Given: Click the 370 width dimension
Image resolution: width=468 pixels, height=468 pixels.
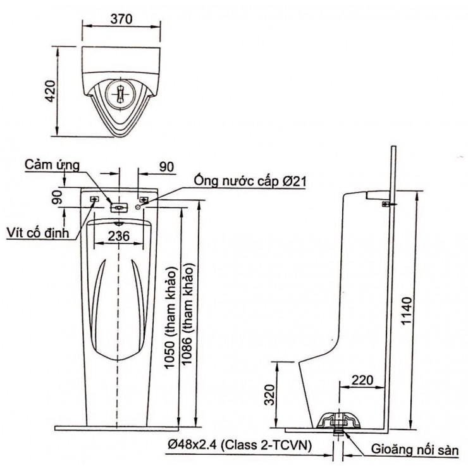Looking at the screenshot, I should coord(120,20).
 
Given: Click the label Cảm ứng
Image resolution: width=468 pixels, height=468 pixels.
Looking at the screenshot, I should coord(52,165).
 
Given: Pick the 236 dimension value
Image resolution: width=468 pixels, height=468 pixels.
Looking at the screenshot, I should coord(120,236).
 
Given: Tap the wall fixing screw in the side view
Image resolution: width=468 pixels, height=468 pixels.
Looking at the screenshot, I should coord(386,204).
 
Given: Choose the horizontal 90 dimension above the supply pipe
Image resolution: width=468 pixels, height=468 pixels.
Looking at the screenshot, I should coord(166,166).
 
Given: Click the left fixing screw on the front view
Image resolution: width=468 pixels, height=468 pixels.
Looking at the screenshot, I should coord(95,200).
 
